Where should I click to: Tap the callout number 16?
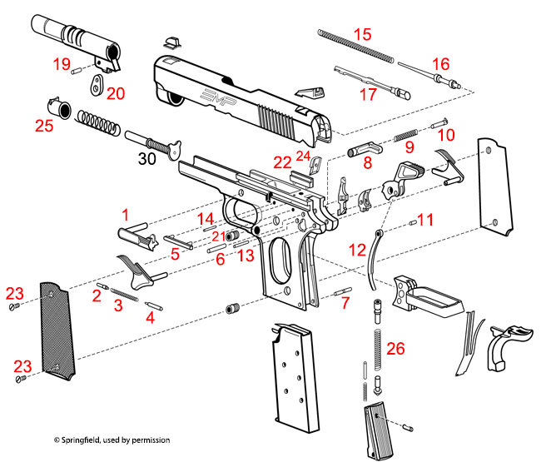439,63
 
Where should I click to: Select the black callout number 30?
146,161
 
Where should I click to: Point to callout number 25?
44,127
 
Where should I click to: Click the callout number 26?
396,348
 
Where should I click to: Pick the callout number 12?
356,249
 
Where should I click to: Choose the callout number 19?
62,63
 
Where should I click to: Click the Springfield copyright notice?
112,440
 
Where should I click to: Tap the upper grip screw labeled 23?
13,309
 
